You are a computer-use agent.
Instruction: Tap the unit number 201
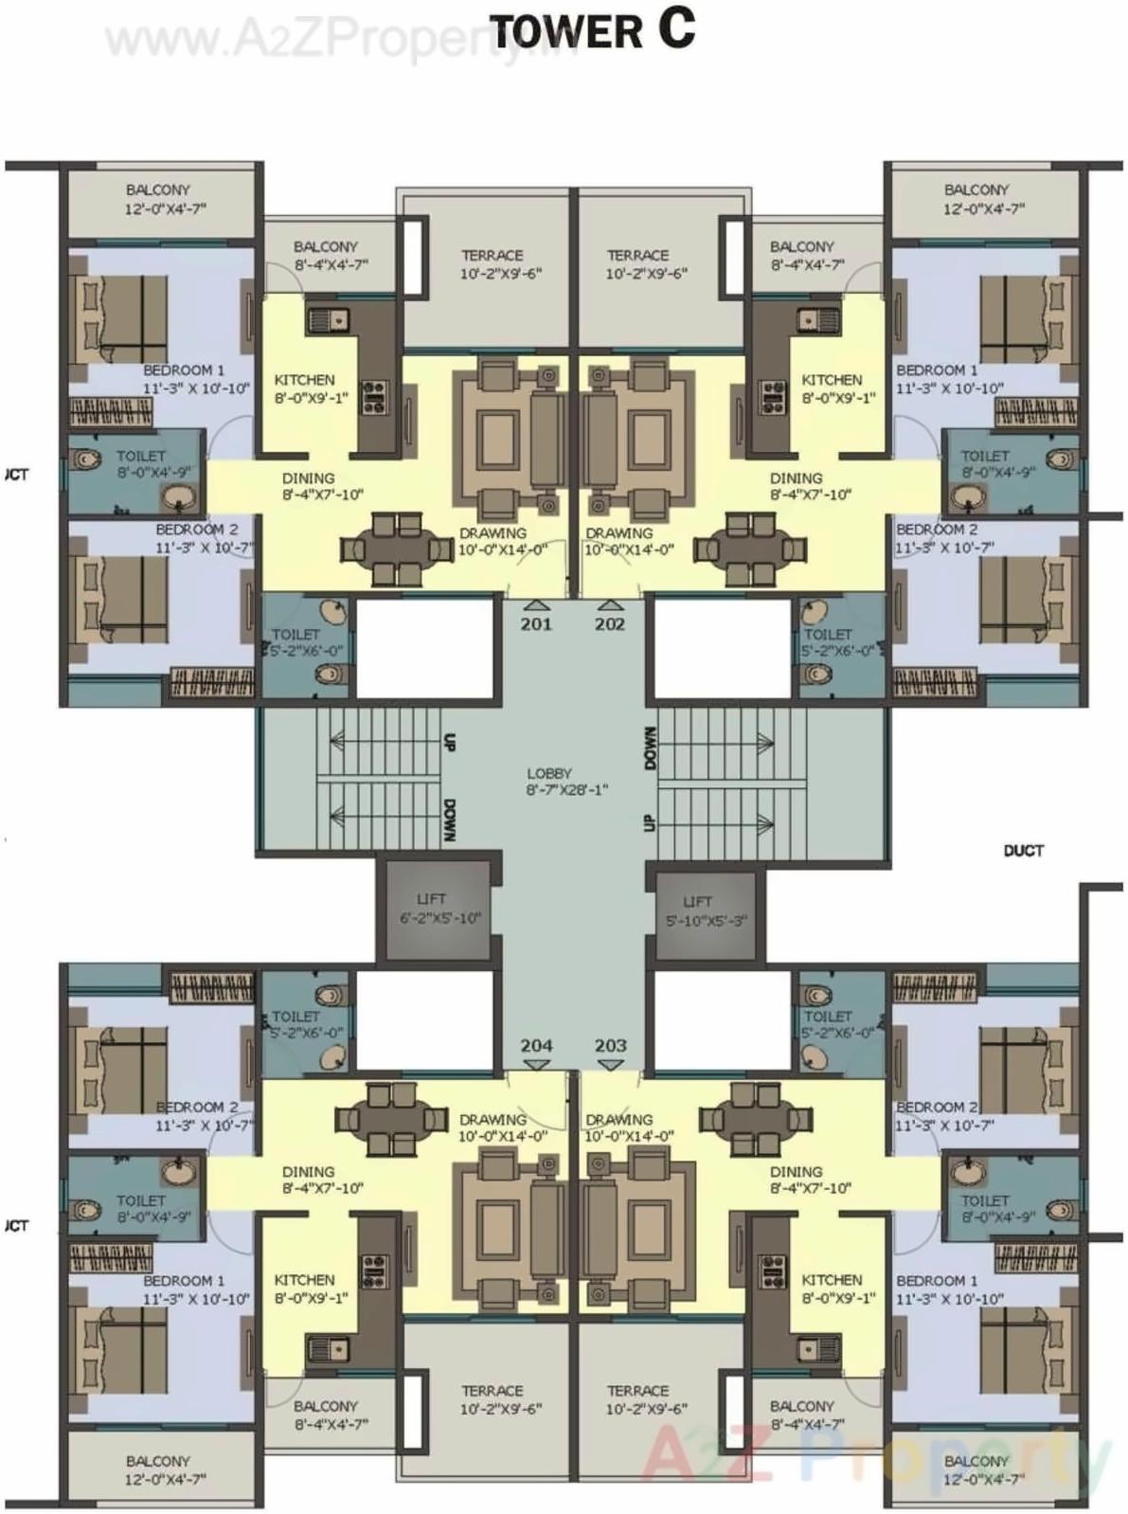tap(536, 624)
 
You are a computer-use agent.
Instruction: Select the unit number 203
tap(611, 1045)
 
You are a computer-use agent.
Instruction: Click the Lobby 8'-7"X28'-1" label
tap(550, 782)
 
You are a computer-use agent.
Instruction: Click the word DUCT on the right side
tap(1023, 851)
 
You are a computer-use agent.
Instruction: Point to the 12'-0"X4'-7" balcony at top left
tap(158, 199)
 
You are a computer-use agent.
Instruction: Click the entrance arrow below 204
tap(536, 1065)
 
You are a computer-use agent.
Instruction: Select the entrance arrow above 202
tap(611, 605)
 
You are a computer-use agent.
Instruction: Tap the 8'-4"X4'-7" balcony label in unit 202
tap(802, 256)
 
